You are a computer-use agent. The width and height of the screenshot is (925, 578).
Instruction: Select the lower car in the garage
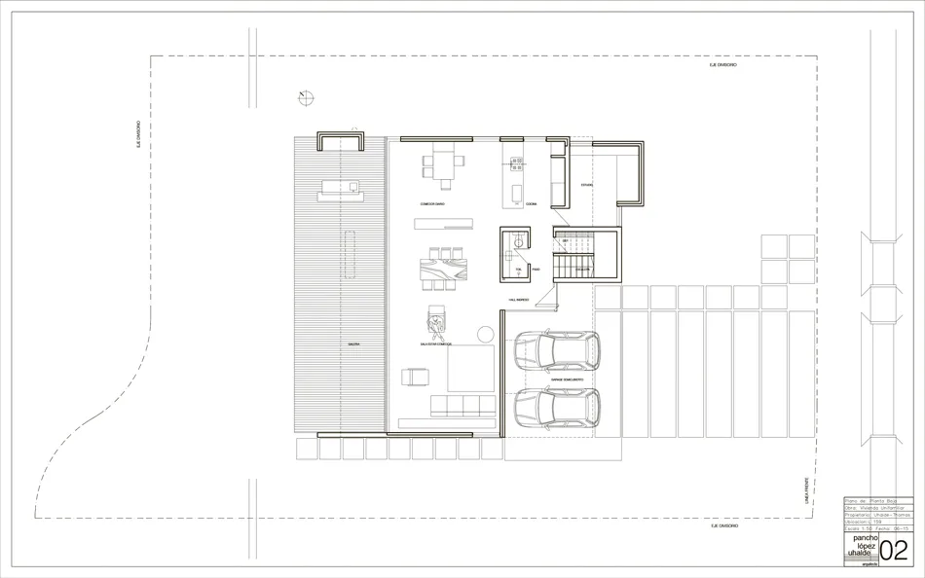(556, 409)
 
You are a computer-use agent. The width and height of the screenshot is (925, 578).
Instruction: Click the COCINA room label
(531, 204)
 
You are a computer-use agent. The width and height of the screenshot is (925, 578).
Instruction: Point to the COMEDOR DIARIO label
(433, 204)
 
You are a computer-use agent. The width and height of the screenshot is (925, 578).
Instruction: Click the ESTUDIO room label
(586, 184)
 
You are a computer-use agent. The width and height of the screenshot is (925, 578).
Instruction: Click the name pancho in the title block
(866, 536)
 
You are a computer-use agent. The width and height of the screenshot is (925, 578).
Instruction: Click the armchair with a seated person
(436, 319)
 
